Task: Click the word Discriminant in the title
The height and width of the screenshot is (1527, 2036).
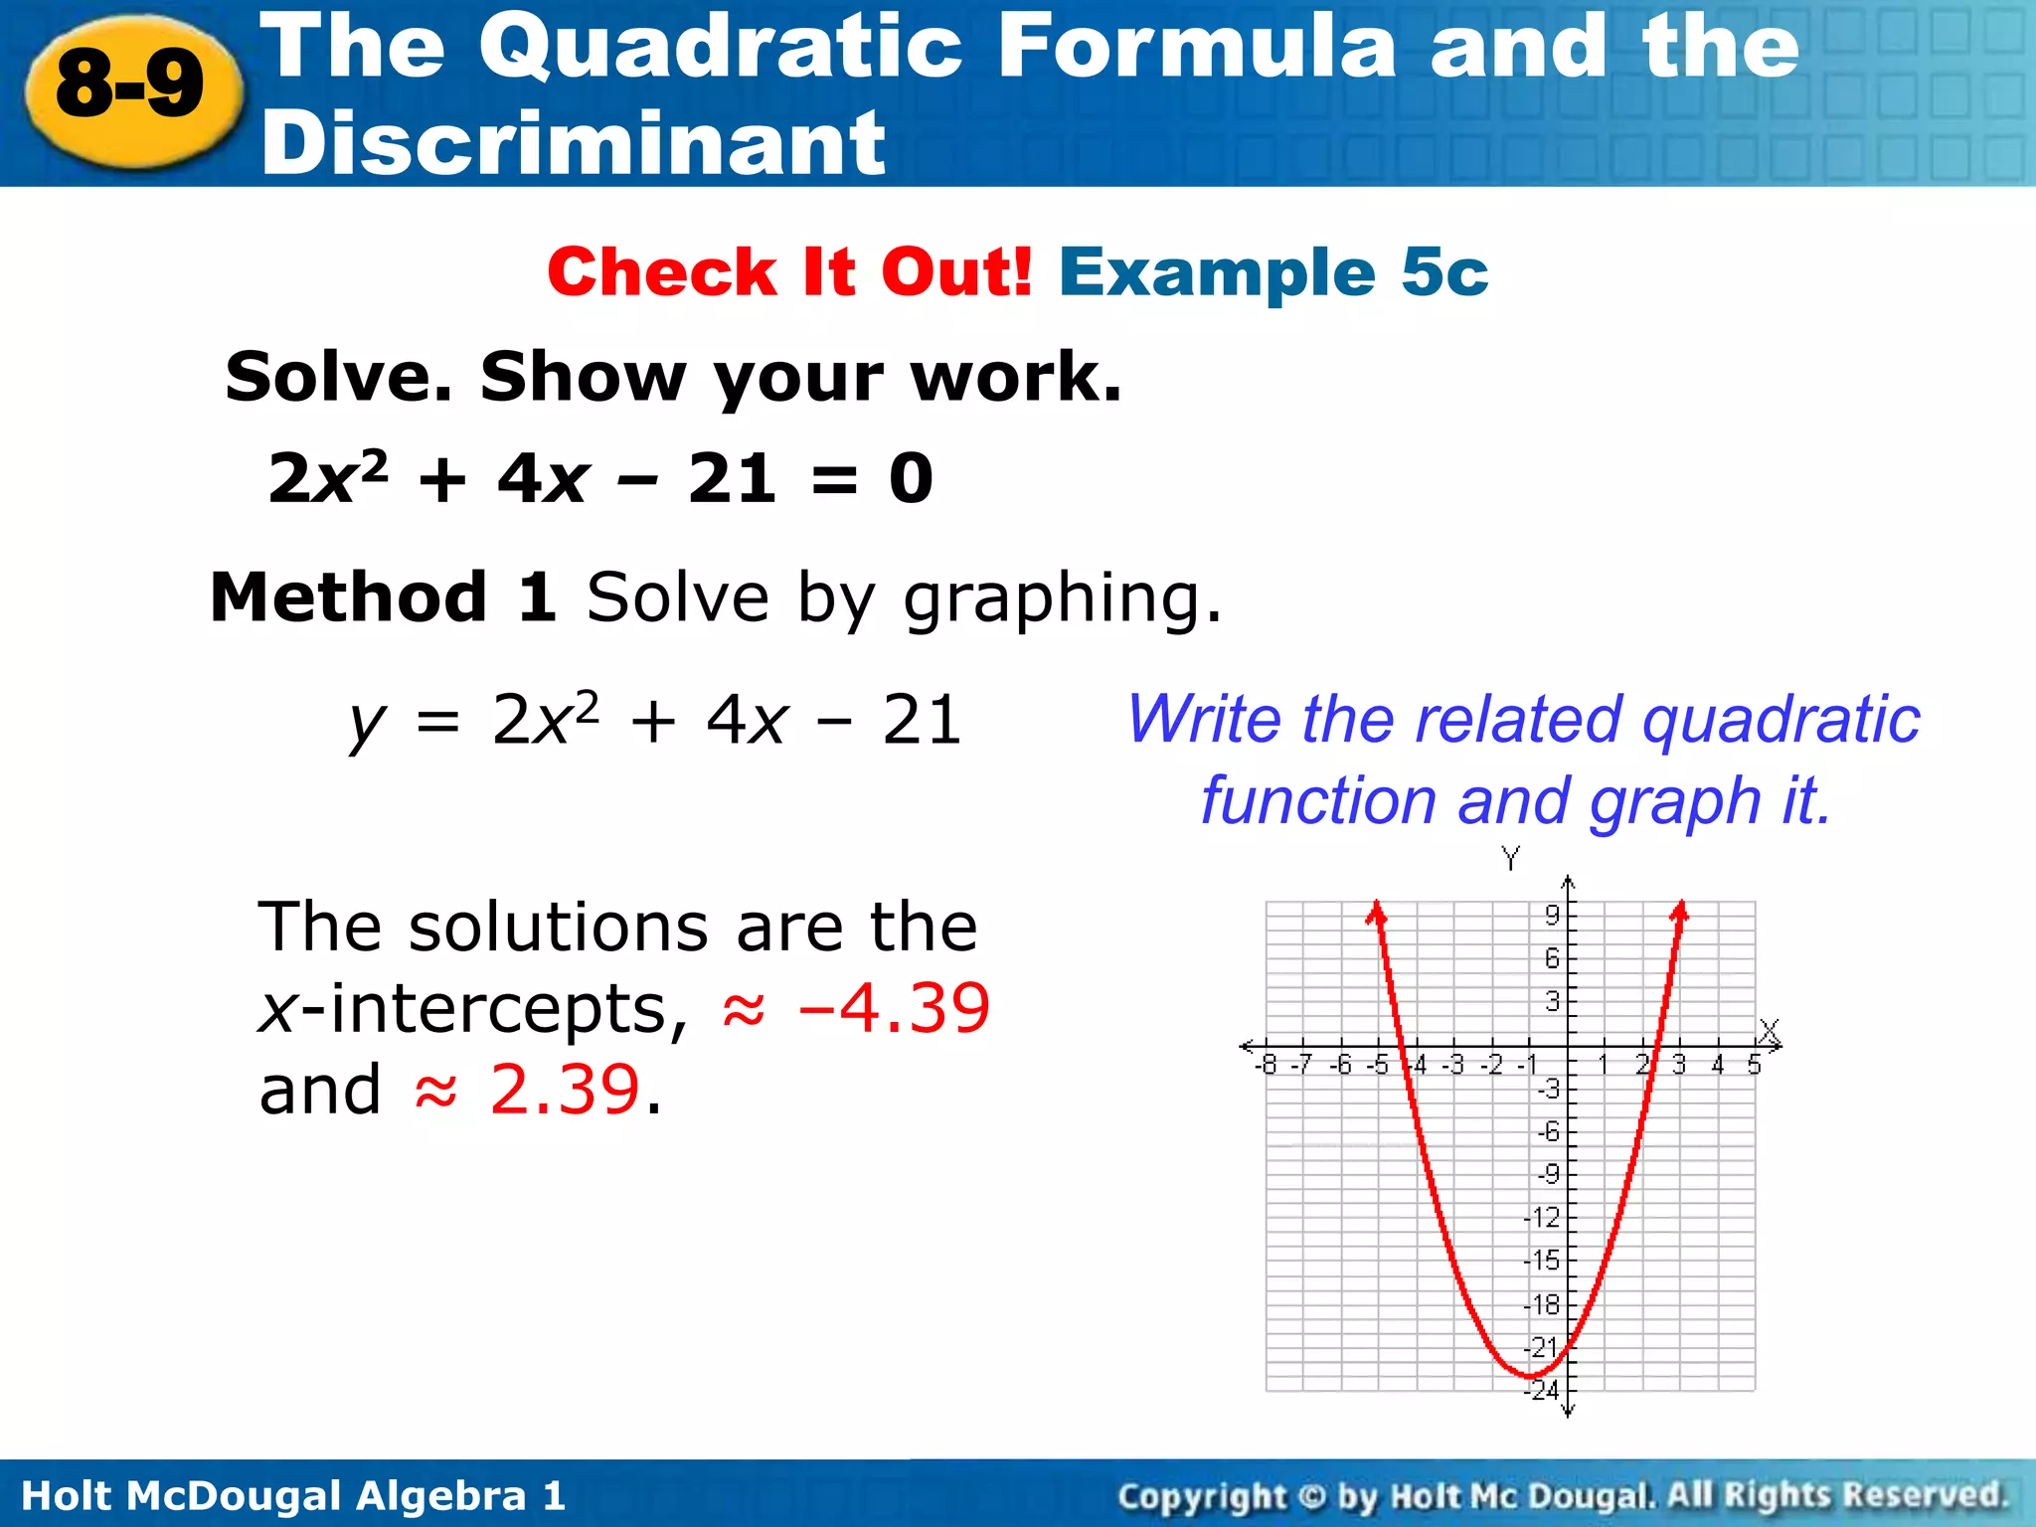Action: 573,144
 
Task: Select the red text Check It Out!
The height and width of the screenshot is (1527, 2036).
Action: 789,272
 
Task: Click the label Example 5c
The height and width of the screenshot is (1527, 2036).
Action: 1273,272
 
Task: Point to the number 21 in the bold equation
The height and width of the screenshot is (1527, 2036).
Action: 732,478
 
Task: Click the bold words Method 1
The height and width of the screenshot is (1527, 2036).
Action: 384,598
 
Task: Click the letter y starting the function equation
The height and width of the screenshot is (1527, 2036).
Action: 366,723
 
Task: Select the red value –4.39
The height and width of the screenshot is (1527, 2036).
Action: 894,1008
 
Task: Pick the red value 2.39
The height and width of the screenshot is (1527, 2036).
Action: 565,1090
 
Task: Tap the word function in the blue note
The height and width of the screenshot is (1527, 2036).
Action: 1318,801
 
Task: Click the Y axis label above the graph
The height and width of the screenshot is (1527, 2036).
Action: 1510,857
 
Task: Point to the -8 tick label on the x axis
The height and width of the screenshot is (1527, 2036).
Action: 1266,1066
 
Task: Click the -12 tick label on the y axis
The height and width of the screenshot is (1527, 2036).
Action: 1542,1218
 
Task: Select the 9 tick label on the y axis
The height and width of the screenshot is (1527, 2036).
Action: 1551,915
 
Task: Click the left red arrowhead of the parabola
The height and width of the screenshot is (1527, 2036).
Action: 1376,912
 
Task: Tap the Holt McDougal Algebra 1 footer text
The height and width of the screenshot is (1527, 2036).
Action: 293,1496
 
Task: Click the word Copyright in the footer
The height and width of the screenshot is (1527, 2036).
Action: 1202,1496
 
